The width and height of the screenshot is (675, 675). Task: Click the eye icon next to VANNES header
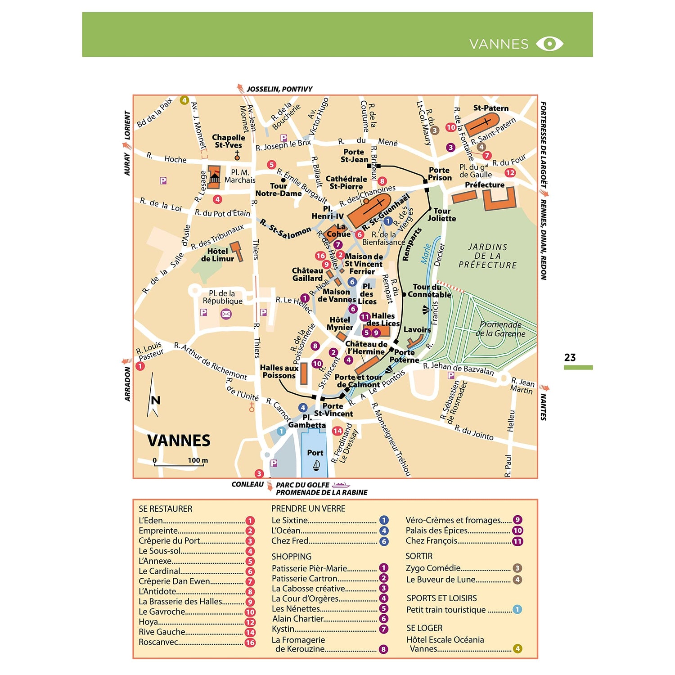click(549, 44)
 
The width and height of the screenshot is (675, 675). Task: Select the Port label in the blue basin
click(315, 453)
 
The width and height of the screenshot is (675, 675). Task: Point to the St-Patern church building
click(481, 125)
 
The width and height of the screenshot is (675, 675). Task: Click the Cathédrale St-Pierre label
click(346, 183)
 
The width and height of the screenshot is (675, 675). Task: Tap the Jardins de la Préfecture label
click(487, 256)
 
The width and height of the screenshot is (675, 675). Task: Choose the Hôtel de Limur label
click(217, 255)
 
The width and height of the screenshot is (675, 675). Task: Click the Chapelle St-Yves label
click(228, 141)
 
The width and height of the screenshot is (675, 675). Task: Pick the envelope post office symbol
click(226, 314)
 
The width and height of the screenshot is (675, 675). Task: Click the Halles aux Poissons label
click(279, 372)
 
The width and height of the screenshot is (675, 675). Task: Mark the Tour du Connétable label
click(429, 291)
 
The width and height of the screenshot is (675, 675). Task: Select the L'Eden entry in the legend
click(151, 521)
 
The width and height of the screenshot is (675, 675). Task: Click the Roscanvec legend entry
click(158, 642)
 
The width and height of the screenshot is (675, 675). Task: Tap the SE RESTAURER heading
click(165, 509)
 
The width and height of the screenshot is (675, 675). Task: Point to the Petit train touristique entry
click(446, 610)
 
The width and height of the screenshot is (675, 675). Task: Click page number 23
click(570, 358)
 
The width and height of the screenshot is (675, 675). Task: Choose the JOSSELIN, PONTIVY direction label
click(279, 89)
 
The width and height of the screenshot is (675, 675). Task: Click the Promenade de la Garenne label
click(500, 329)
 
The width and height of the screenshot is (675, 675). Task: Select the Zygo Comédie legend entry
click(433, 568)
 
